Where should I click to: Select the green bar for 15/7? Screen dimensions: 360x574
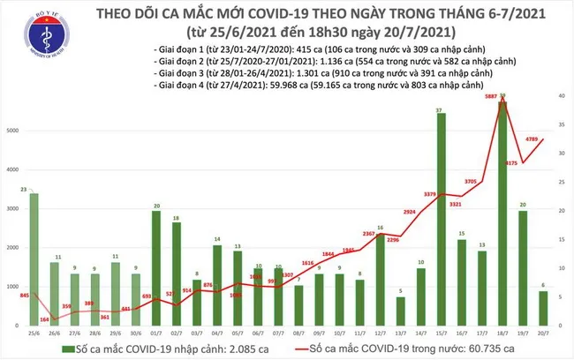440,220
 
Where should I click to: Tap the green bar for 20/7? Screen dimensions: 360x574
542,308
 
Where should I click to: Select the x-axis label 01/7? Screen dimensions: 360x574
155,333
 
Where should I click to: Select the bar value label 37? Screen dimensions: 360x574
440,109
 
